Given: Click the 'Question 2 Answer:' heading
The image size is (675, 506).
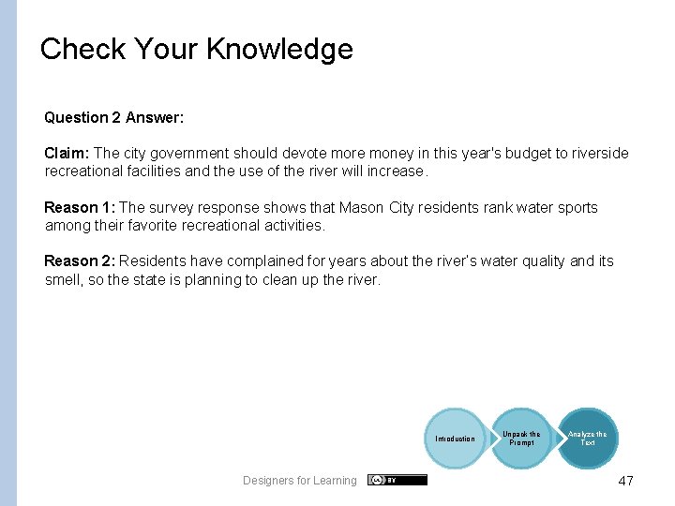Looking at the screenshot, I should (x=113, y=117).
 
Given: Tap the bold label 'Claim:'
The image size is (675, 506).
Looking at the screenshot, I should (x=67, y=153).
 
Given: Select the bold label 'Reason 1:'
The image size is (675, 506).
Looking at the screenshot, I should (x=80, y=207).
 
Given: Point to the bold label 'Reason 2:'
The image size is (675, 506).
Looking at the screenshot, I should (x=80, y=261).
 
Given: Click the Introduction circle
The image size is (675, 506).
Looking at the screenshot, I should (x=455, y=439).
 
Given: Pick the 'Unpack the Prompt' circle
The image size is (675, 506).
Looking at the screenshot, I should (x=521, y=439).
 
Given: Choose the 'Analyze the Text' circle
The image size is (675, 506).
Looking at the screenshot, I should (x=588, y=439).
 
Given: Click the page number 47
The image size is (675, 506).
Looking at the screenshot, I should (x=625, y=481).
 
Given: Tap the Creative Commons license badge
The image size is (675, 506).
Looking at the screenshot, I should (x=397, y=480).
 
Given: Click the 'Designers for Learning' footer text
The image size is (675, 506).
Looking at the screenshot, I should (x=299, y=481).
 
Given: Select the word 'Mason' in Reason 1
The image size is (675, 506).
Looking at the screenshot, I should (x=361, y=207).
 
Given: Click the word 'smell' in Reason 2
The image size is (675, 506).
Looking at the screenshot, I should (x=65, y=279).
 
